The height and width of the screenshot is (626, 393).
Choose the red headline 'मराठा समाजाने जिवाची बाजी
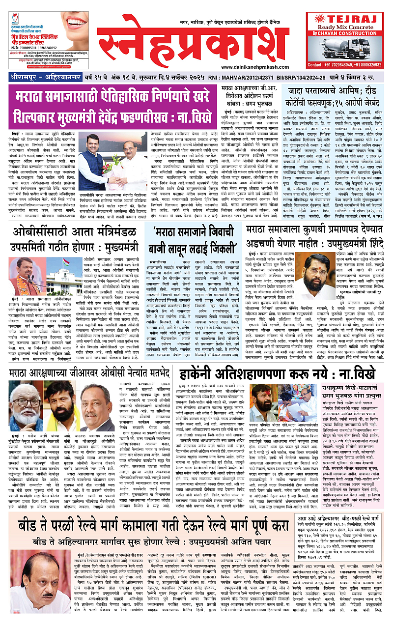coord(196,241)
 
